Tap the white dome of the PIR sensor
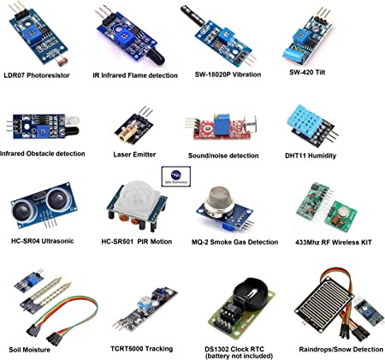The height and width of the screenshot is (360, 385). tap(135, 198)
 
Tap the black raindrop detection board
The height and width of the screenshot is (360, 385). tap(324, 308)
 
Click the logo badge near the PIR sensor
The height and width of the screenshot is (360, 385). tap(176, 176)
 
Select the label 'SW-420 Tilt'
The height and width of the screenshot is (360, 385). tap(307, 73)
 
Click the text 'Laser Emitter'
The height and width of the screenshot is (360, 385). tap(134, 155)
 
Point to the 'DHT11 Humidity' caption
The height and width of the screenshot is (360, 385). tap(311, 156)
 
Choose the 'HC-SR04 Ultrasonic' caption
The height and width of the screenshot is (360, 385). tap(42, 241)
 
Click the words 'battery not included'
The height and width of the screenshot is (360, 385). tap(239, 356)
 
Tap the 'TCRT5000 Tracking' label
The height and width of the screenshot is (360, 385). tap(141, 349)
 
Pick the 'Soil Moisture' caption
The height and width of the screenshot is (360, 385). tap(29, 350)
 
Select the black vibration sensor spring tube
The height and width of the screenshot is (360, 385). tap(192, 16)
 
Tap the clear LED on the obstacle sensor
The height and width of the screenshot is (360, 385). tap(72, 120)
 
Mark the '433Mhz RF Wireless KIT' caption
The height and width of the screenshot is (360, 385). tap(334, 242)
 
